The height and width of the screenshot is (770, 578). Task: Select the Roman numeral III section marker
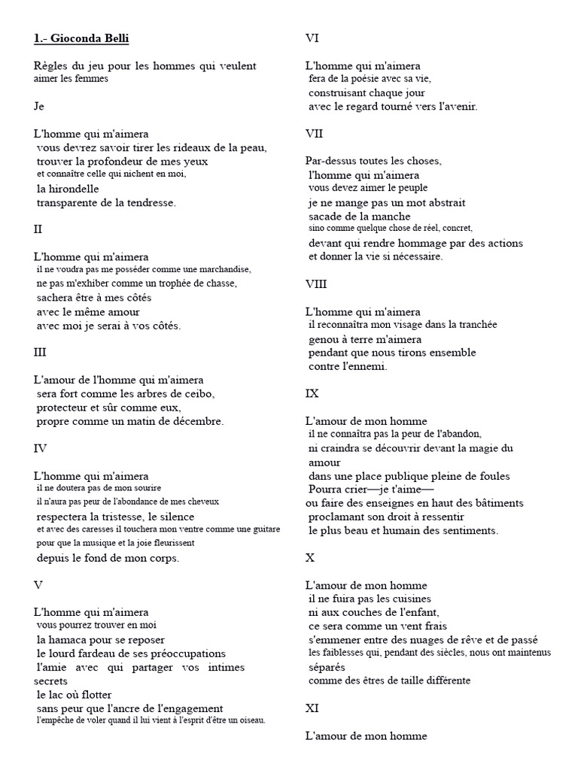pyautogui.click(x=41, y=352)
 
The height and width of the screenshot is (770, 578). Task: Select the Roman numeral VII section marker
pyautogui.click(x=314, y=134)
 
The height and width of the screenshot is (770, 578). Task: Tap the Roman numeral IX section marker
pyautogui.click(x=312, y=393)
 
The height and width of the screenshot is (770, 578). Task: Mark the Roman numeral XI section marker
pyautogui.click(x=312, y=708)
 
